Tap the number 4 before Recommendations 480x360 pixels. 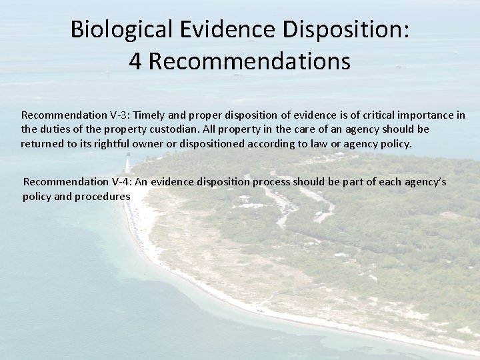click(136, 62)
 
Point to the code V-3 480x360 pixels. click(111, 115)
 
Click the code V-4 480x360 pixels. click(113, 181)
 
